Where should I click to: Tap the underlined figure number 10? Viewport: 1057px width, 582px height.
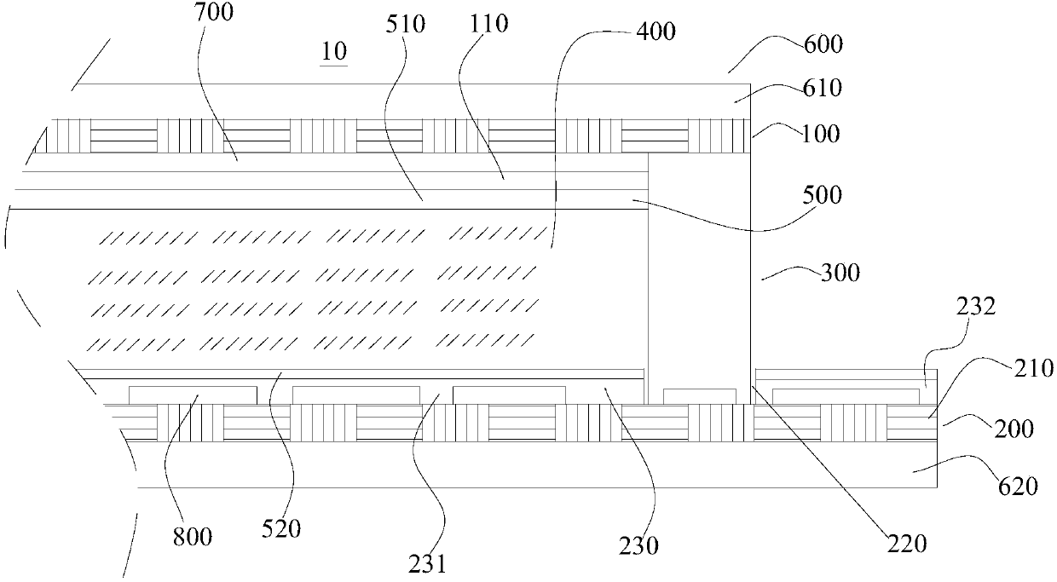point(333,52)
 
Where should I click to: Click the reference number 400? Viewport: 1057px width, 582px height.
point(656,32)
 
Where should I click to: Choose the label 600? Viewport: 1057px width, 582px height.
point(822,43)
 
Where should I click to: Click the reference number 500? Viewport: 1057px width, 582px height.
point(822,195)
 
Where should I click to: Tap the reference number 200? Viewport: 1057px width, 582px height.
point(1014,429)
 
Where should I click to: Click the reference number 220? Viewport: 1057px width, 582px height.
point(905,543)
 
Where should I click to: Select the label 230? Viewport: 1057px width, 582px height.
point(638,545)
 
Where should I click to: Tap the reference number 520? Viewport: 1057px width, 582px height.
point(281,529)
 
